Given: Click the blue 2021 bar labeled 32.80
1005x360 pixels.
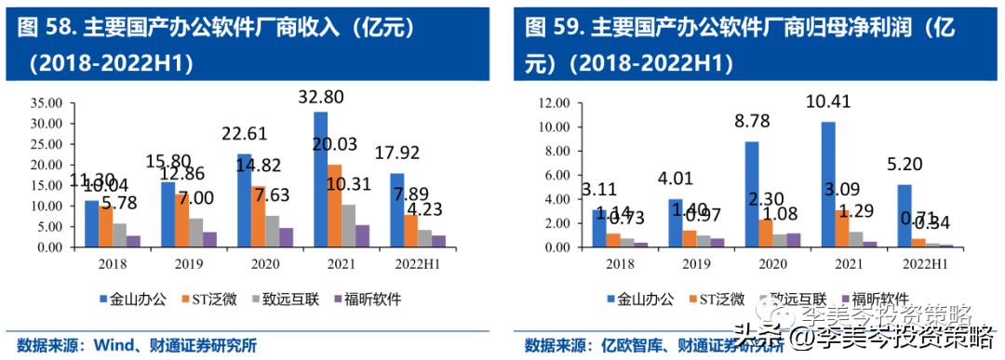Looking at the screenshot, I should (320, 180).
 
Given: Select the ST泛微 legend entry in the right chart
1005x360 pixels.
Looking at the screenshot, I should (716, 299).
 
